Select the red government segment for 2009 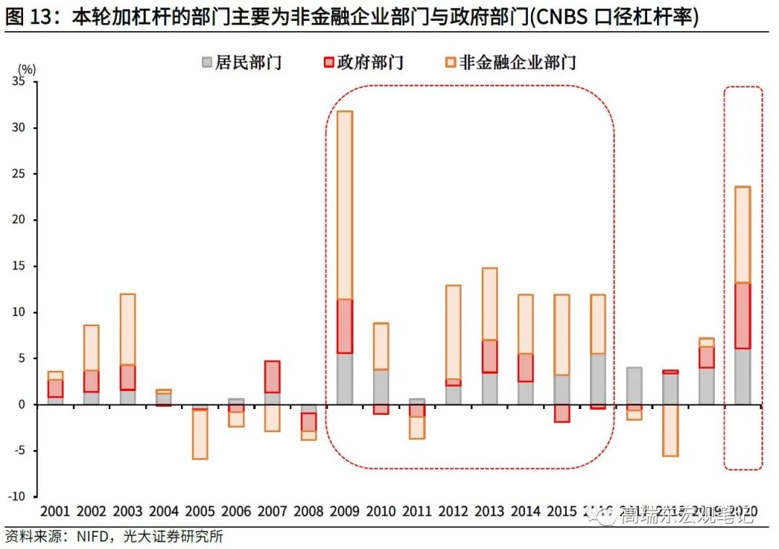click(344, 326)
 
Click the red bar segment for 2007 click(272, 377)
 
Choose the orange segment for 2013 click(489, 304)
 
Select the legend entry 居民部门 click(239, 62)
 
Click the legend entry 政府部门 click(363, 62)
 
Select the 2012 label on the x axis click(453, 511)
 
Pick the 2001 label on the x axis click(55, 511)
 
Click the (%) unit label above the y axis click(27, 69)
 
